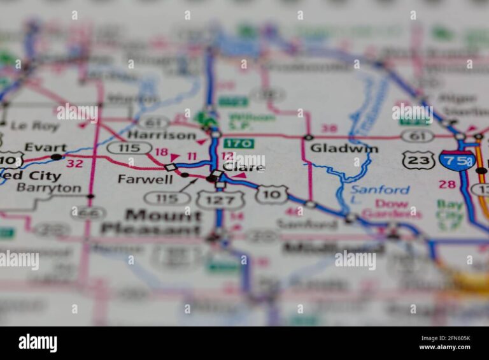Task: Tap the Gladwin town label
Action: pyautogui.click(x=344, y=148)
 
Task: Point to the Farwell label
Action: pyautogui.click(x=145, y=179)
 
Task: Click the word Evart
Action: pyautogui.click(x=45, y=147)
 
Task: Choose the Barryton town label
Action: pyautogui.click(x=49, y=188)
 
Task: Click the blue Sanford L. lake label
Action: pyautogui.click(x=380, y=190)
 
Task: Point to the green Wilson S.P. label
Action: pyautogui.click(x=252, y=122)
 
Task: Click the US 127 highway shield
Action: pyautogui.click(x=220, y=200)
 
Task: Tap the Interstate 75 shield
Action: pyautogui.click(x=457, y=161)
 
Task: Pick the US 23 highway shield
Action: pyautogui.click(x=418, y=160)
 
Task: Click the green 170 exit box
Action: pyautogui.click(x=239, y=143)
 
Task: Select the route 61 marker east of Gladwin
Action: pyautogui.click(x=417, y=136)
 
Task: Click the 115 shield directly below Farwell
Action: pyautogui.click(x=167, y=198)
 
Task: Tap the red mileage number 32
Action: pyautogui.click(x=74, y=163)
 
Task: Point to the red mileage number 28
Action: pyautogui.click(x=448, y=184)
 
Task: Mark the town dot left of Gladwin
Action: pyautogui.click(x=308, y=137)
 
